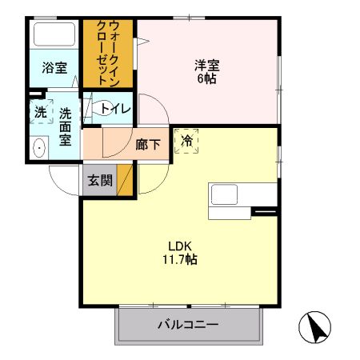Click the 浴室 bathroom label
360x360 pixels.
click(x=54, y=69)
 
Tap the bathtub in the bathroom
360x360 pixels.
click(x=55, y=36)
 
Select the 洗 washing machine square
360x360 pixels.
click(x=40, y=113)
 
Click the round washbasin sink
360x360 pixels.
click(x=38, y=147)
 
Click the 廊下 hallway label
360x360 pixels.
click(x=147, y=145)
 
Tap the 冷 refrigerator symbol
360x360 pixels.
click(x=187, y=141)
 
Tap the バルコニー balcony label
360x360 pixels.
click(x=188, y=326)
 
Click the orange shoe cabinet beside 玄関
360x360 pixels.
click(x=126, y=181)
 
